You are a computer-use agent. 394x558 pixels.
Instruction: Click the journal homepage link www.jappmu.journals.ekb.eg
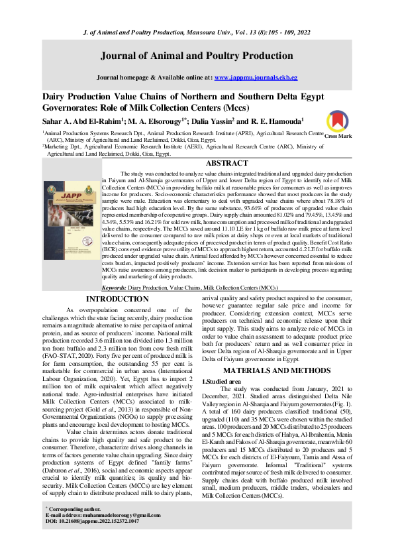coord(251,78)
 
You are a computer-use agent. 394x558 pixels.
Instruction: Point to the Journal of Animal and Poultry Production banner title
coord(197,55)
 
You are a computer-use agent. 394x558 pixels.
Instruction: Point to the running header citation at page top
coord(197,15)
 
